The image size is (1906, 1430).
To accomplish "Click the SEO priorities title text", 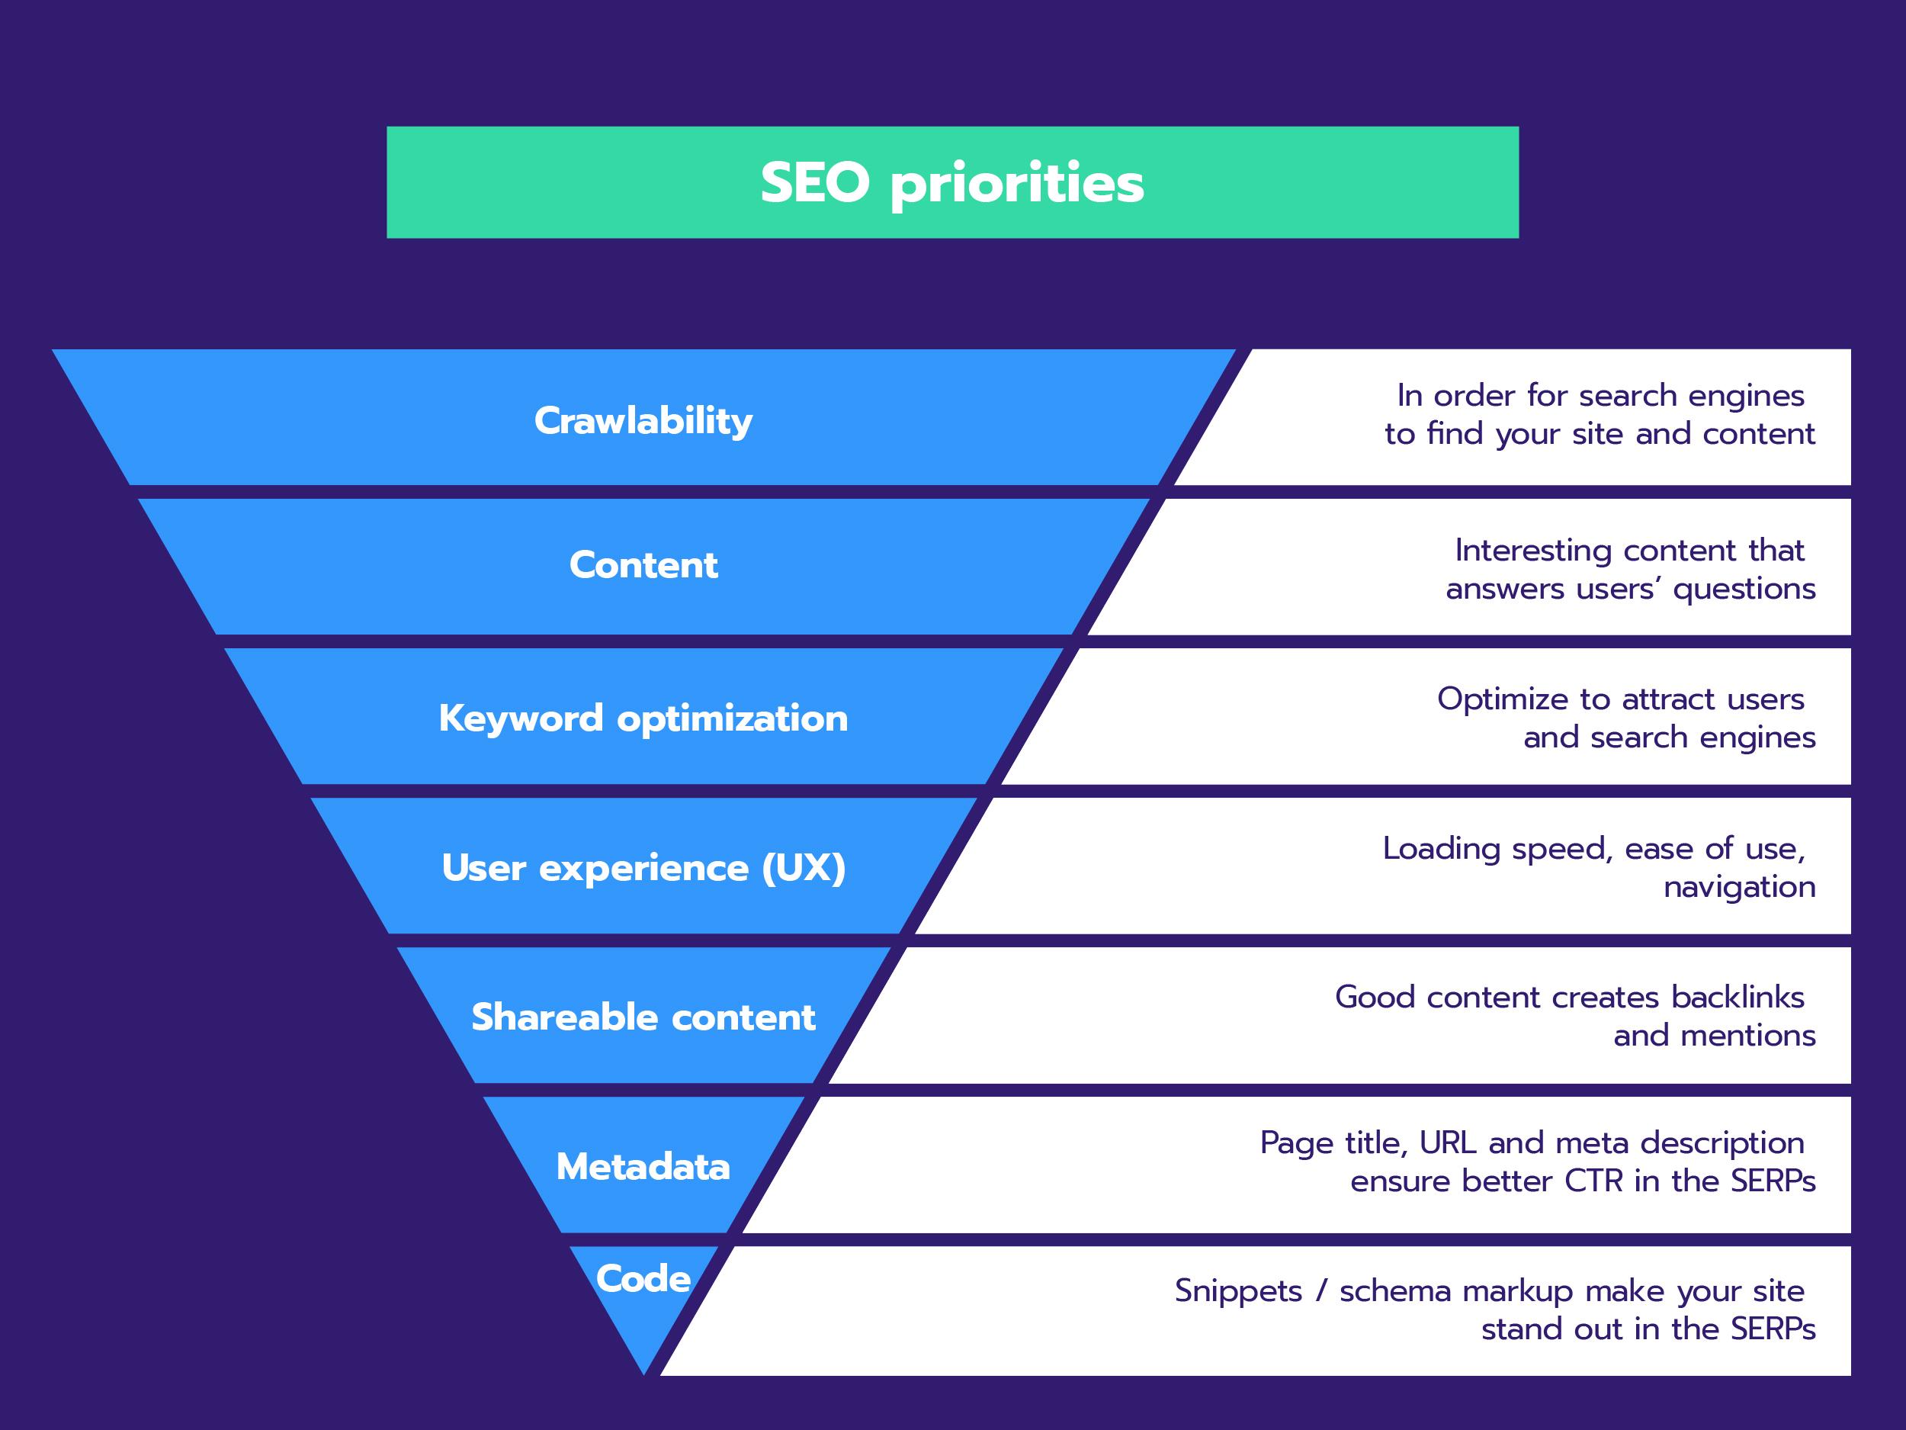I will pyautogui.click(x=952, y=183).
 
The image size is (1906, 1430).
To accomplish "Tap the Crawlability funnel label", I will pyautogui.click(x=643, y=421).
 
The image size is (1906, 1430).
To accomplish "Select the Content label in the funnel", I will pyautogui.click(x=643, y=565).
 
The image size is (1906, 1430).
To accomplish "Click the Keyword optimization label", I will pyautogui.click(x=643, y=718).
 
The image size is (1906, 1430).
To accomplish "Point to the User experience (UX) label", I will pyautogui.click(x=643, y=867).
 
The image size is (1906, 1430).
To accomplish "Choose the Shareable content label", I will pyautogui.click(x=643, y=1017).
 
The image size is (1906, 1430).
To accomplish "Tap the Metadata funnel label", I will pyautogui.click(x=643, y=1166).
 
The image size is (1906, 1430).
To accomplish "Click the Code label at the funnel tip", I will pyautogui.click(x=643, y=1278).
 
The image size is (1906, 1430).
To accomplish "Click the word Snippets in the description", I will pyautogui.click(x=1238, y=1291).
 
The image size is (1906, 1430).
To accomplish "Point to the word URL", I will pyautogui.click(x=1447, y=1142).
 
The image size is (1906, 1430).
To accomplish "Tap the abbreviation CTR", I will pyautogui.click(x=1593, y=1180).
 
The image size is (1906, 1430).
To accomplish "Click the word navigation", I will pyautogui.click(x=1739, y=887).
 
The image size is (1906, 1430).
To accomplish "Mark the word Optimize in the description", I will pyautogui.click(x=1503, y=699).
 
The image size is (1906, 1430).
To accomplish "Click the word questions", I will pyautogui.click(x=1744, y=589).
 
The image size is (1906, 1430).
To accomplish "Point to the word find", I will pyautogui.click(x=1455, y=432).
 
